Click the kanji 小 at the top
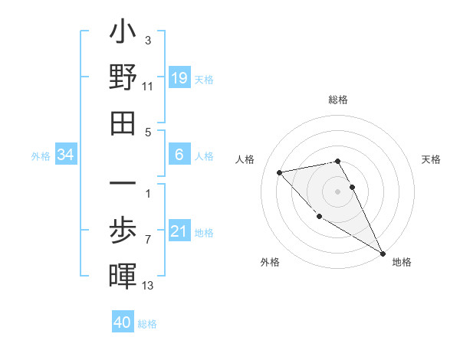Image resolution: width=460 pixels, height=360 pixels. (123, 34)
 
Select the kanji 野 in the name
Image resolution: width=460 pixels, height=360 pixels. (123, 80)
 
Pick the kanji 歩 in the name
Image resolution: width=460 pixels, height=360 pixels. (123, 231)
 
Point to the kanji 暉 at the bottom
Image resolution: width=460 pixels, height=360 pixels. (123, 275)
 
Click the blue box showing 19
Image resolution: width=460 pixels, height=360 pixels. (179, 78)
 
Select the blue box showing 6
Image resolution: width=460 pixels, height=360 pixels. (179, 155)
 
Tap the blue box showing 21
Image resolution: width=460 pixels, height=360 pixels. (179, 231)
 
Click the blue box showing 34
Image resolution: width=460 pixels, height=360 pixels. (66, 155)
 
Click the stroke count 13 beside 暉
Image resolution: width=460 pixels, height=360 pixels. (148, 286)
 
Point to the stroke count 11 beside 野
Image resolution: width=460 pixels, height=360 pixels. (148, 87)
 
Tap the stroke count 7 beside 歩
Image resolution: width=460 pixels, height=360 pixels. (148, 241)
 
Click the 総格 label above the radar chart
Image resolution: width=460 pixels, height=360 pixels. (337, 100)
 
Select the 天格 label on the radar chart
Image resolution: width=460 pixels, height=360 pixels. (432, 159)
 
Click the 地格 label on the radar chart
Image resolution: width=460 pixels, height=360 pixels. (402, 262)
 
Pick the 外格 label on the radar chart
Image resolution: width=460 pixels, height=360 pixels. (270, 262)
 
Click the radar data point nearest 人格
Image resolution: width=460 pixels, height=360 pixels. (280, 172)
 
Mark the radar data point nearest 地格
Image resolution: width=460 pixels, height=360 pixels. (383, 253)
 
